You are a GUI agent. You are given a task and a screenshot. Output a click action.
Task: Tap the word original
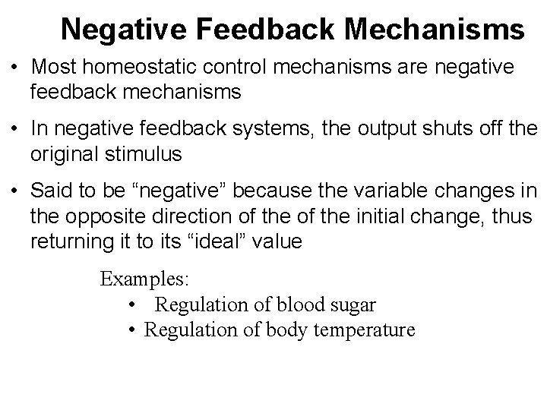coord(65,155)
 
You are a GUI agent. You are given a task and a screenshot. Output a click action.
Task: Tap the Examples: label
coord(144,279)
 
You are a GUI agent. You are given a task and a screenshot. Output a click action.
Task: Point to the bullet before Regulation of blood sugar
coord(132,305)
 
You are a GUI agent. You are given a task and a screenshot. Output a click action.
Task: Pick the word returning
coord(68,242)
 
